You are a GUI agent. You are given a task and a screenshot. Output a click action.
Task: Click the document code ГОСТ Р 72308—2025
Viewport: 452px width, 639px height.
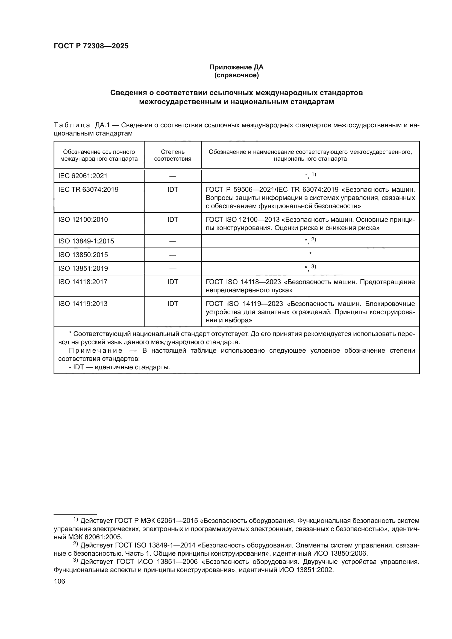click(91, 46)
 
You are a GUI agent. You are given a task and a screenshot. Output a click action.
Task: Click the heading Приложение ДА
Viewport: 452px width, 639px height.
click(236, 67)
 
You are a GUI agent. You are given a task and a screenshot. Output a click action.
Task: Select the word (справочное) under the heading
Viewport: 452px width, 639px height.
click(236, 75)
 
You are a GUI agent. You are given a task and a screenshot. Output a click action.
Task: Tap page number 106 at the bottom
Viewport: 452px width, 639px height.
click(59, 581)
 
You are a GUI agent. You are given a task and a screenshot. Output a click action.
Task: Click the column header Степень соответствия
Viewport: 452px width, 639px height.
click(172, 155)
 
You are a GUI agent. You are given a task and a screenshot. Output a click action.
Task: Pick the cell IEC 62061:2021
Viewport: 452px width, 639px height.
click(83, 176)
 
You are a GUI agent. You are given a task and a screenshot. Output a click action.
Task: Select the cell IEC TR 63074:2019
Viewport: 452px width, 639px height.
click(88, 190)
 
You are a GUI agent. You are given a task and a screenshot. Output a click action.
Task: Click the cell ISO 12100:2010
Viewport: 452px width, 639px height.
click(83, 220)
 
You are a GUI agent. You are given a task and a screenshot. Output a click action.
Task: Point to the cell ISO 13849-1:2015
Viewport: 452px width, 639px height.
click(86, 241)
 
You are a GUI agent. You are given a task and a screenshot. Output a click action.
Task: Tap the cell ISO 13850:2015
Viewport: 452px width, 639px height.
click(83, 255)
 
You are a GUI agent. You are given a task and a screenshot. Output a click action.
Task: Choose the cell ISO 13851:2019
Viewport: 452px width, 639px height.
click(83, 269)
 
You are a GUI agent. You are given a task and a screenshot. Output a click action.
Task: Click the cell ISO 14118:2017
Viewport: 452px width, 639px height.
click(83, 282)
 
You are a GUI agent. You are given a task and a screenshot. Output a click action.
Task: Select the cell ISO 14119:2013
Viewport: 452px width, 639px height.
click(83, 304)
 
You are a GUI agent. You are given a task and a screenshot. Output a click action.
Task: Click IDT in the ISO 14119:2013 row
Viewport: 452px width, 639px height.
click(172, 304)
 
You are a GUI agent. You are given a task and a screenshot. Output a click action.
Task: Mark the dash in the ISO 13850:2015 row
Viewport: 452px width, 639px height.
click(172, 255)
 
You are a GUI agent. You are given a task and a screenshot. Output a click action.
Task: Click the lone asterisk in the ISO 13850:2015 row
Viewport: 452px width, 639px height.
click(310, 254)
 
